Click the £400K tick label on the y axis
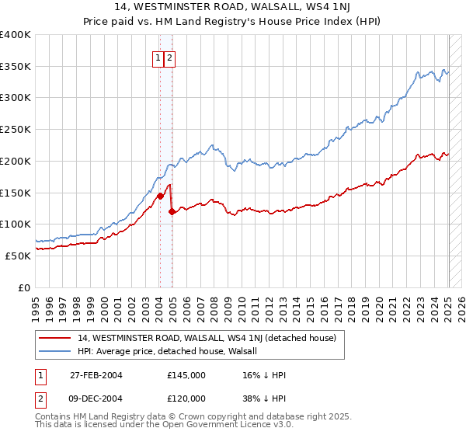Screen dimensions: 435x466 (16, 35)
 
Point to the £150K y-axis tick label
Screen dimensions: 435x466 (16, 192)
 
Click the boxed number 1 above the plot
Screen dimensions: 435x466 (158, 57)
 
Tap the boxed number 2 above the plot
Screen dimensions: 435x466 (169, 57)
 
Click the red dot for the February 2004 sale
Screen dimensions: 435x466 (160, 196)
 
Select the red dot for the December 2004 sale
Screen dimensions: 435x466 (172, 211)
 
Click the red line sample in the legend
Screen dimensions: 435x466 (55, 339)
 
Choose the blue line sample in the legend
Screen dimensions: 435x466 (55, 351)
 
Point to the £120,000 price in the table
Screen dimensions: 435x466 (186, 398)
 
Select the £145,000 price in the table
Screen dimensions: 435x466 (186, 375)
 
